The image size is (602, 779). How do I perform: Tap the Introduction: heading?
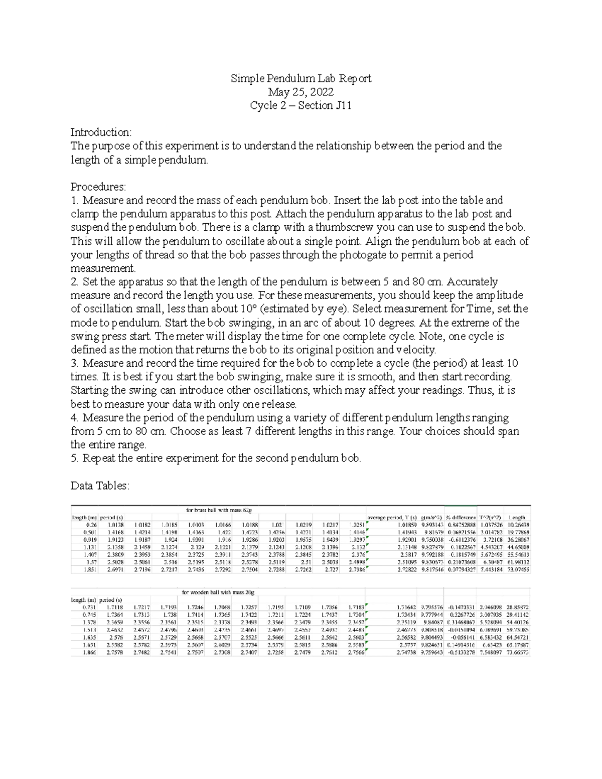101,132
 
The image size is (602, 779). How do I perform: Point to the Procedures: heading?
98,187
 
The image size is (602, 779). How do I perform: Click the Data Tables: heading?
100,486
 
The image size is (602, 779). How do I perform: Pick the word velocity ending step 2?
416,350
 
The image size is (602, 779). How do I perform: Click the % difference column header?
460,518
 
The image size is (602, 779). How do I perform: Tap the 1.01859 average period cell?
406,525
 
